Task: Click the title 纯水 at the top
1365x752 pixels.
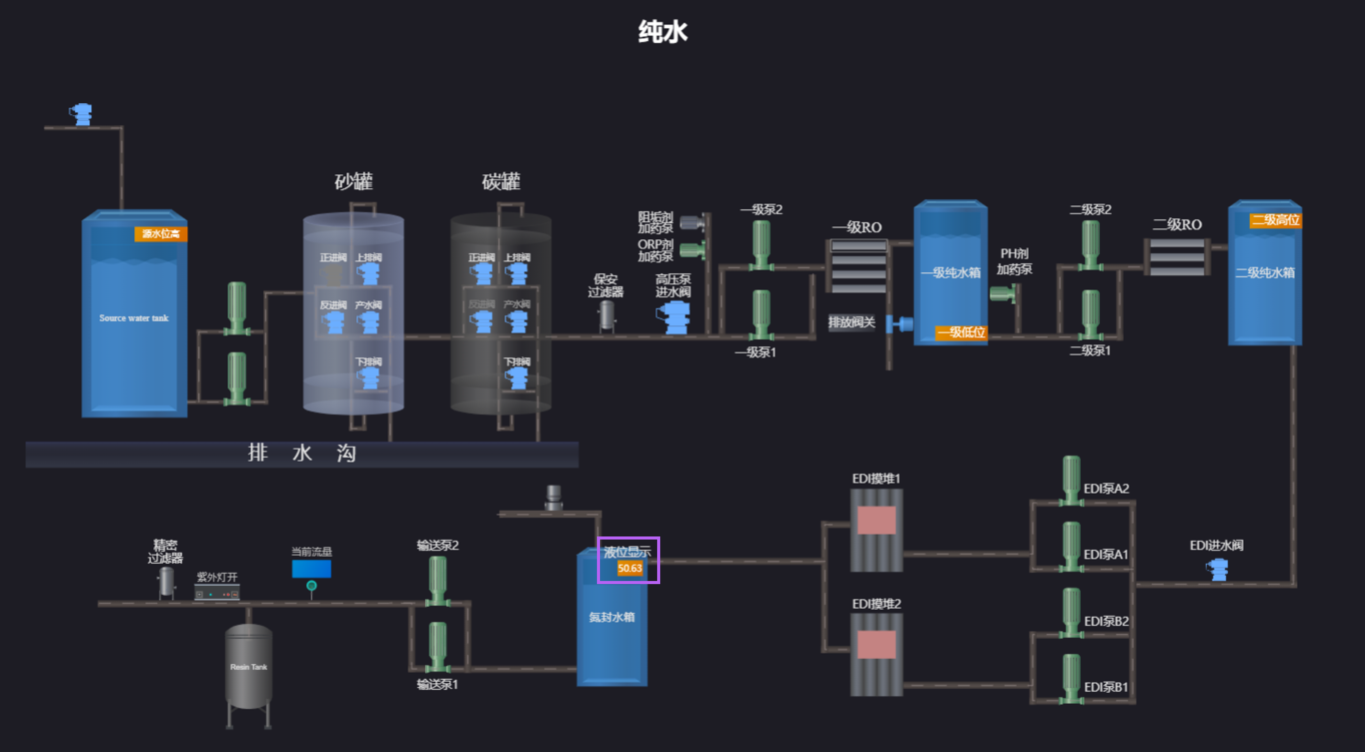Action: [662, 32]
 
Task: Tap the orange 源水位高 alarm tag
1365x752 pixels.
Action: [161, 234]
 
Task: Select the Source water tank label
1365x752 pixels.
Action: [134, 318]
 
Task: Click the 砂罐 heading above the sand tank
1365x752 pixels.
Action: [353, 181]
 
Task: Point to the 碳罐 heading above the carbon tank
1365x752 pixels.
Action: [501, 181]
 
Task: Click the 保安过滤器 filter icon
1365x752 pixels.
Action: [606, 315]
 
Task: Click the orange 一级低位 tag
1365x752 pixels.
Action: [961, 332]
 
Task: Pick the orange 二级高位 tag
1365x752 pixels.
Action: [1275, 220]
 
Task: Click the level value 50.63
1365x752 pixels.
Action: [630, 568]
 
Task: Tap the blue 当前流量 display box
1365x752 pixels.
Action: [312, 569]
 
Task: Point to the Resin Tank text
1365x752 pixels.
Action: [249, 667]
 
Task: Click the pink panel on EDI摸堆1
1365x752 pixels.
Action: [877, 520]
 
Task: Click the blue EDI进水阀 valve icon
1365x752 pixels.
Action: [1218, 570]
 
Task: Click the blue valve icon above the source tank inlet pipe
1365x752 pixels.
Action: [81, 114]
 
